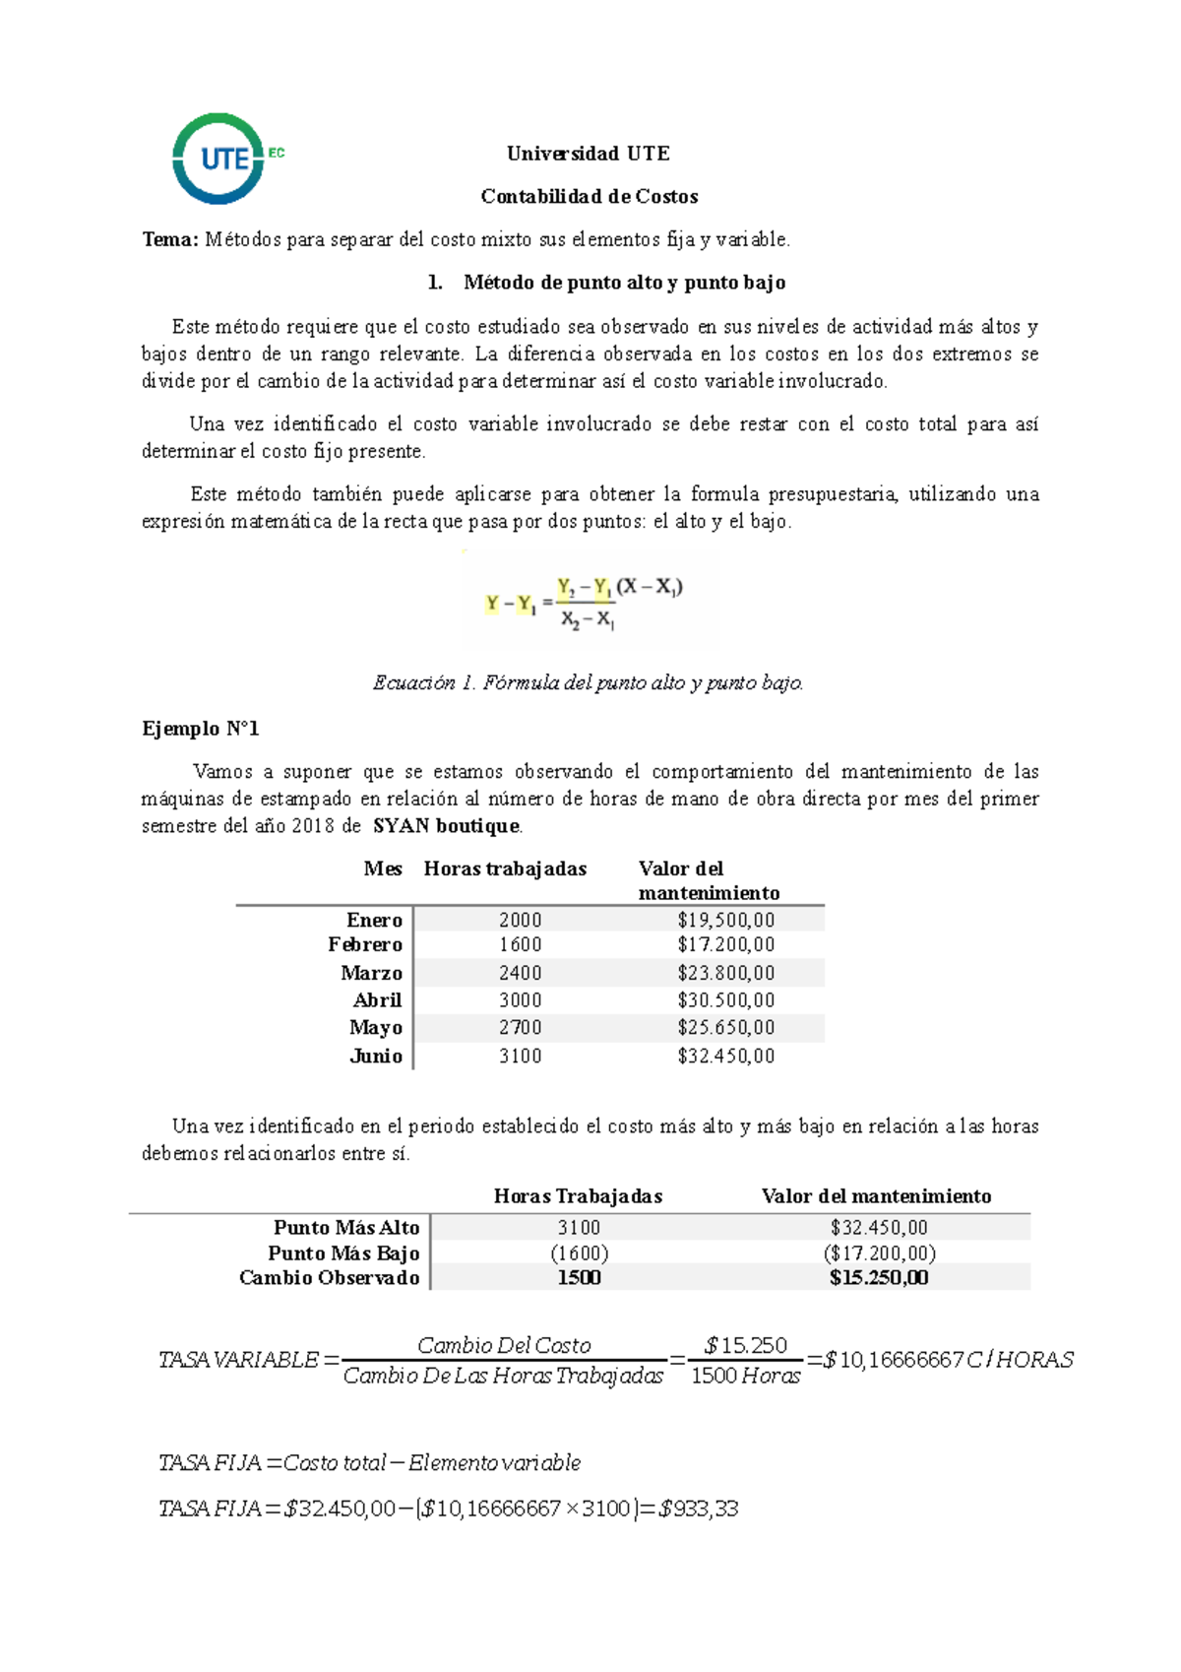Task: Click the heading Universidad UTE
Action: [x=589, y=154]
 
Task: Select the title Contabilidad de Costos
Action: [x=590, y=197]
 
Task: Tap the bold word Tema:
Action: [x=170, y=239]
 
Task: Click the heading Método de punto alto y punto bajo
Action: [x=624, y=283]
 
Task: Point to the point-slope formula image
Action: [x=590, y=601]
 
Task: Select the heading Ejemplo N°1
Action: [x=201, y=729]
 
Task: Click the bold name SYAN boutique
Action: [x=447, y=826]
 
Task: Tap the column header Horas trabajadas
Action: [x=505, y=868]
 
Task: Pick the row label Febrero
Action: [x=365, y=945]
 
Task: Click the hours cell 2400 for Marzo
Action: [x=520, y=973]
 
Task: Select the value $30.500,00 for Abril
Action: [x=726, y=1000]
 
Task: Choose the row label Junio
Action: [x=376, y=1057]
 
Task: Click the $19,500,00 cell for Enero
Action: [x=726, y=921]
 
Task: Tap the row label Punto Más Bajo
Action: [x=343, y=1254]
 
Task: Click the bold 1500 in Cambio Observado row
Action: [x=579, y=1278]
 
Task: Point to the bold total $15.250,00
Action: [x=879, y=1278]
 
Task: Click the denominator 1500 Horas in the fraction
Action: [x=745, y=1377]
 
